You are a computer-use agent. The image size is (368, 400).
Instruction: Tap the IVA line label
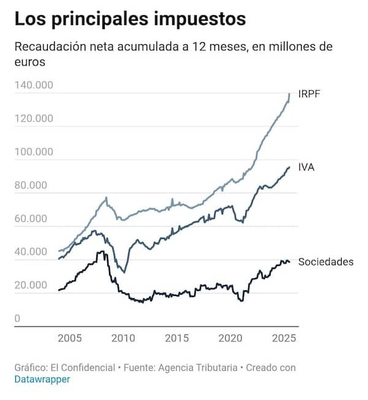click(x=306, y=167)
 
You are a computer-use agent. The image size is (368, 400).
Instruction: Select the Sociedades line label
click(x=326, y=262)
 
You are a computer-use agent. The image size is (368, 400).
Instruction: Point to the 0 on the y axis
click(x=18, y=319)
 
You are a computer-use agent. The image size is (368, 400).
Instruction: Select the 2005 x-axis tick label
click(x=69, y=338)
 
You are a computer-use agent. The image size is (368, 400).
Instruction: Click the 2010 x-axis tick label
click(x=123, y=338)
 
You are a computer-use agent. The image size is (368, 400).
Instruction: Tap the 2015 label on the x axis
click(x=177, y=338)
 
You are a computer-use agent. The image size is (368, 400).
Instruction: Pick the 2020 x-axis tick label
click(x=231, y=338)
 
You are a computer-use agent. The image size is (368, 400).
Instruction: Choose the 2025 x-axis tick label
click(x=285, y=338)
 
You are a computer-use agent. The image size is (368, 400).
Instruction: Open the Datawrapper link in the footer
click(x=42, y=379)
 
